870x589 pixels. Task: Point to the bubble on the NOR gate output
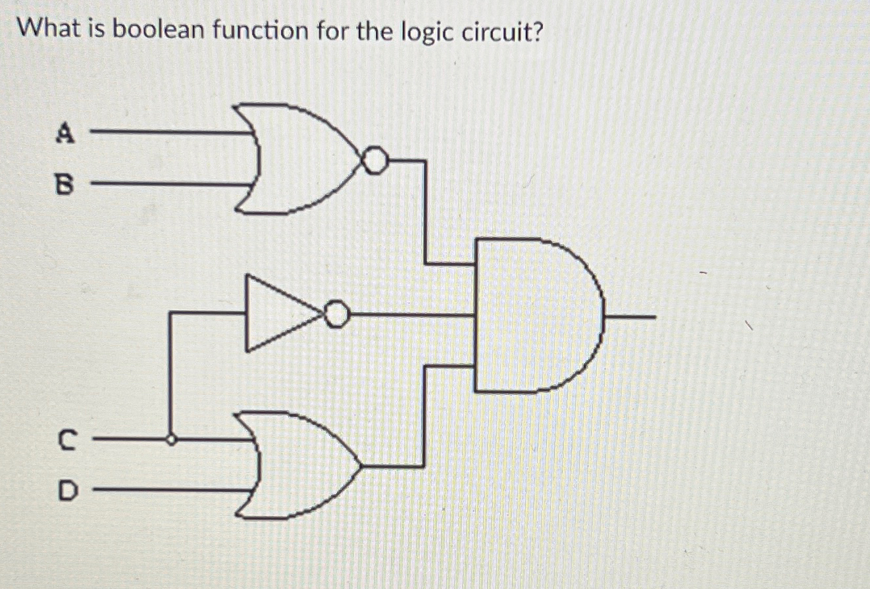point(375,160)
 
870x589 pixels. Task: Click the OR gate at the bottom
point(299,465)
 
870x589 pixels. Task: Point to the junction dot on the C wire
point(171,440)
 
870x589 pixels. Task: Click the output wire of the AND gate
point(628,317)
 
